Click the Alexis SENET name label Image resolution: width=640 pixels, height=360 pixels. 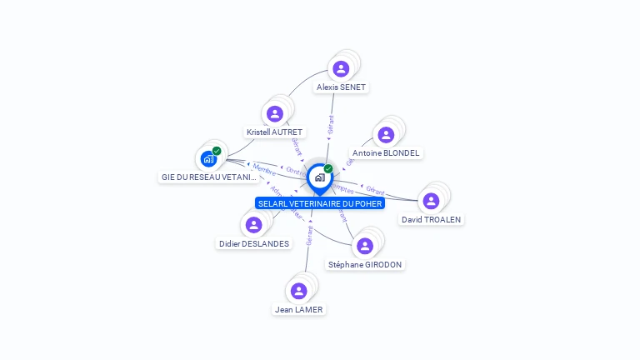(341, 87)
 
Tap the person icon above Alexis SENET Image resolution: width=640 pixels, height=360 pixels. (340, 68)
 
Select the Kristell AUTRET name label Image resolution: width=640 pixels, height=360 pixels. (275, 132)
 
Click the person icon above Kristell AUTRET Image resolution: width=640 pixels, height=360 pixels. (274, 113)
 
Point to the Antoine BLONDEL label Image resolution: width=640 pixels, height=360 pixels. (386, 153)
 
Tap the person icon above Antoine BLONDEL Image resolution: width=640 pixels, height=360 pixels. (385, 134)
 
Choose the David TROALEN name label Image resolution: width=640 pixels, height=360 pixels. (431, 219)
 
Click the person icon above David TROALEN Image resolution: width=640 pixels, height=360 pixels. (431, 201)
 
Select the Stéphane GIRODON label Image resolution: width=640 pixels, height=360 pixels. (365, 264)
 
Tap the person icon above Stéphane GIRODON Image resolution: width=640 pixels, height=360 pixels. (364, 246)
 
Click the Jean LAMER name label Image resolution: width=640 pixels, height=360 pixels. (299, 309)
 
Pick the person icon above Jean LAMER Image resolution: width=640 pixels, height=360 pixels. (298, 291)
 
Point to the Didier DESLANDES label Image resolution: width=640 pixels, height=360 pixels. (254, 243)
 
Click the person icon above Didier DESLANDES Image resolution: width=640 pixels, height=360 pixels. (253, 225)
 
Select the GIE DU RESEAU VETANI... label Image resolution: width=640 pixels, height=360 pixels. (209, 177)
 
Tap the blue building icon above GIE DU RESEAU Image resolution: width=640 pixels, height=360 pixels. (208, 158)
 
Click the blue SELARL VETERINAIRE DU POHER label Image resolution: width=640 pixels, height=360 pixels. (320, 203)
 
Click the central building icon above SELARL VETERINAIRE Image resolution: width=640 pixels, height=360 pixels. (319, 177)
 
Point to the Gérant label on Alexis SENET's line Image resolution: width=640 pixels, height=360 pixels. (331, 126)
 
